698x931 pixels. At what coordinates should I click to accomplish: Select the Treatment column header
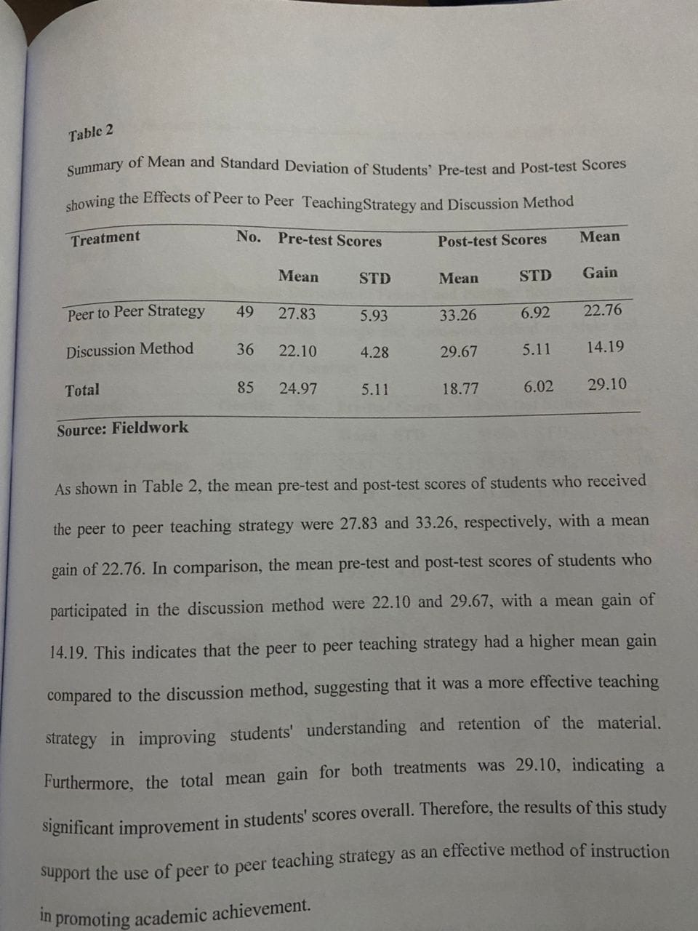pyautogui.click(x=105, y=238)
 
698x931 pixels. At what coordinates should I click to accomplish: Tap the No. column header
pyautogui.click(x=248, y=236)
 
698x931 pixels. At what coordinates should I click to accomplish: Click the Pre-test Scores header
pyautogui.click(x=329, y=240)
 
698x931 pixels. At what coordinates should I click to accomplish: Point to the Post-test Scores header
pyautogui.click(x=492, y=240)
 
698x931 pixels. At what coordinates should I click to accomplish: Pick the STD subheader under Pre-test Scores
pyautogui.click(x=374, y=278)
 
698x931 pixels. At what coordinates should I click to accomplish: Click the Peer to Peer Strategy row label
pyautogui.click(x=136, y=313)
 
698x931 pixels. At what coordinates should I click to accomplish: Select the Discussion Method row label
pyautogui.click(x=129, y=350)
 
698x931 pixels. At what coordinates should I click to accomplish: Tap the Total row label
pyautogui.click(x=82, y=390)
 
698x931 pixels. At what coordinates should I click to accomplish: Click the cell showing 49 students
pyautogui.click(x=245, y=312)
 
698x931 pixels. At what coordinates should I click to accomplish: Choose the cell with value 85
pyautogui.click(x=246, y=388)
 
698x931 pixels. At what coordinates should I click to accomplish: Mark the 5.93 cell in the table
pyautogui.click(x=374, y=316)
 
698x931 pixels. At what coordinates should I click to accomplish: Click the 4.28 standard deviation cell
pyautogui.click(x=374, y=353)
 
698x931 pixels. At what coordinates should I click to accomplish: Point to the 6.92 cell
pyautogui.click(x=535, y=313)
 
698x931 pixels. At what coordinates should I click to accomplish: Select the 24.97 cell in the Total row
pyautogui.click(x=298, y=388)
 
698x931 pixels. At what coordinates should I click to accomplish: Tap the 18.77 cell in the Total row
pyautogui.click(x=460, y=389)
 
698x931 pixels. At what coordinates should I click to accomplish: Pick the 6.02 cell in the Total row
pyautogui.click(x=538, y=387)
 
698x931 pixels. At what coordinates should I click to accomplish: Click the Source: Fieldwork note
pyautogui.click(x=122, y=428)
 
